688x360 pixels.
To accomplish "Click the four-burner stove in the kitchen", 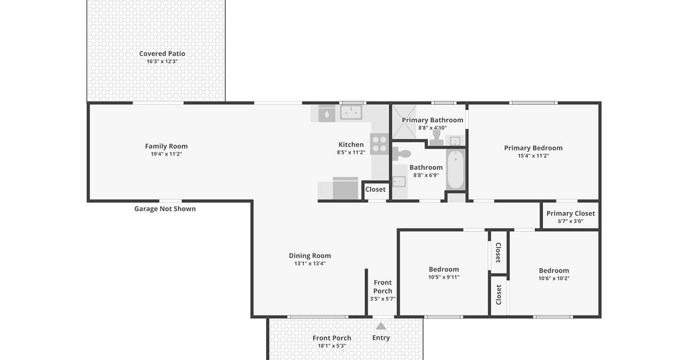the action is pyautogui.click(x=380, y=144).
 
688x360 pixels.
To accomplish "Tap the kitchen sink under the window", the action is pyautogui.click(x=351, y=112).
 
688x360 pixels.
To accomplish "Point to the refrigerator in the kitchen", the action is pyautogui.click(x=345, y=189).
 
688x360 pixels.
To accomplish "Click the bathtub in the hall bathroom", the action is pyautogui.click(x=456, y=169).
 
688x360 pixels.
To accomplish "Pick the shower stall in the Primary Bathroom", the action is pyautogui.click(x=404, y=122).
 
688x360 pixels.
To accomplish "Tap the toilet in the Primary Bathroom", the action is pyautogui.click(x=437, y=137).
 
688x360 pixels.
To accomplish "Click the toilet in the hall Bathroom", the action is pyautogui.click(x=402, y=154).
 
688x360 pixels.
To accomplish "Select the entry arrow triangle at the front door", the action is pyautogui.click(x=381, y=326).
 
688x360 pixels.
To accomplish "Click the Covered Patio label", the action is pyautogui.click(x=162, y=54).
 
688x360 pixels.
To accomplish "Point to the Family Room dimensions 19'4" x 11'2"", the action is pyautogui.click(x=167, y=154).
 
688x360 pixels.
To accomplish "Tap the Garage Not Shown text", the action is pyautogui.click(x=165, y=209).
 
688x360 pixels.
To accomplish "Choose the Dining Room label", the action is pyautogui.click(x=310, y=256).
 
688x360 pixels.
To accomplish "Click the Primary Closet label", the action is pyautogui.click(x=570, y=214).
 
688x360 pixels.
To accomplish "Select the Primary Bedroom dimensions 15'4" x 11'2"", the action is pyautogui.click(x=533, y=156).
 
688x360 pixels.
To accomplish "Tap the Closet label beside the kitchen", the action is pyautogui.click(x=375, y=189).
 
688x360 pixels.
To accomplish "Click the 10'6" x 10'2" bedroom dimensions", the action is pyautogui.click(x=554, y=279).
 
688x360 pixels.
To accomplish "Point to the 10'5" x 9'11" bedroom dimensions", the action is pyautogui.click(x=443, y=277).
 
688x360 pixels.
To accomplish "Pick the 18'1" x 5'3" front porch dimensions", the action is pyautogui.click(x=332, y=346).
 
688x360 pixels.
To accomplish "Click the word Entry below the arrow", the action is pyautogui.click(x=381, y=338).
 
